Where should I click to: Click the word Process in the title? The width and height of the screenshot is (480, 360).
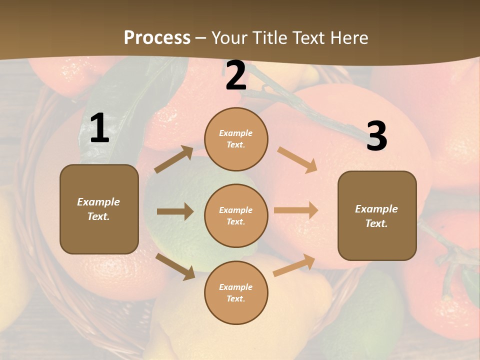(x=157, y=38)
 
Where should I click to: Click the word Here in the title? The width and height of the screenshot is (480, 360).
(x=348, y=38)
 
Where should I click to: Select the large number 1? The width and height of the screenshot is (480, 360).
(x=99, y=128)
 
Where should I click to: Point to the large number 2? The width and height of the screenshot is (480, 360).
(x=236, y=75)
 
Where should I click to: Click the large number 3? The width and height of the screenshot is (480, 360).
(x=376, y=136)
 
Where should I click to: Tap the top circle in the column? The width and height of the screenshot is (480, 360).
(x=236, y=139)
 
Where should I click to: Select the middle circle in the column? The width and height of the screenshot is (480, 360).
(x=236, y=215)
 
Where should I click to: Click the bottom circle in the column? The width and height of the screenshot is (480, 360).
(x=236, y=292)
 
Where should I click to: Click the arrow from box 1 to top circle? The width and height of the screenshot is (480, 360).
(x=174, y=159)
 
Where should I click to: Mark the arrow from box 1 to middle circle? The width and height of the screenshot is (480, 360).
(x=175, y=211)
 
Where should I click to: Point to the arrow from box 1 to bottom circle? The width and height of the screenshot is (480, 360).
(x=175, y=266)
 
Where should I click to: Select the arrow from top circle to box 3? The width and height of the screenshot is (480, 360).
(x=297, y=159)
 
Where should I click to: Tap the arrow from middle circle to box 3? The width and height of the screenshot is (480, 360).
(x=296, y=210)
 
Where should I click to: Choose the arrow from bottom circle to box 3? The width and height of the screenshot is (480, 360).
(x=294, y=265)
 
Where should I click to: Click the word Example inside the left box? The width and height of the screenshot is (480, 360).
(x=98, y=202)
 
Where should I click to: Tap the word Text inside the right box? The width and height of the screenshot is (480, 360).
(x=376, y=223)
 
